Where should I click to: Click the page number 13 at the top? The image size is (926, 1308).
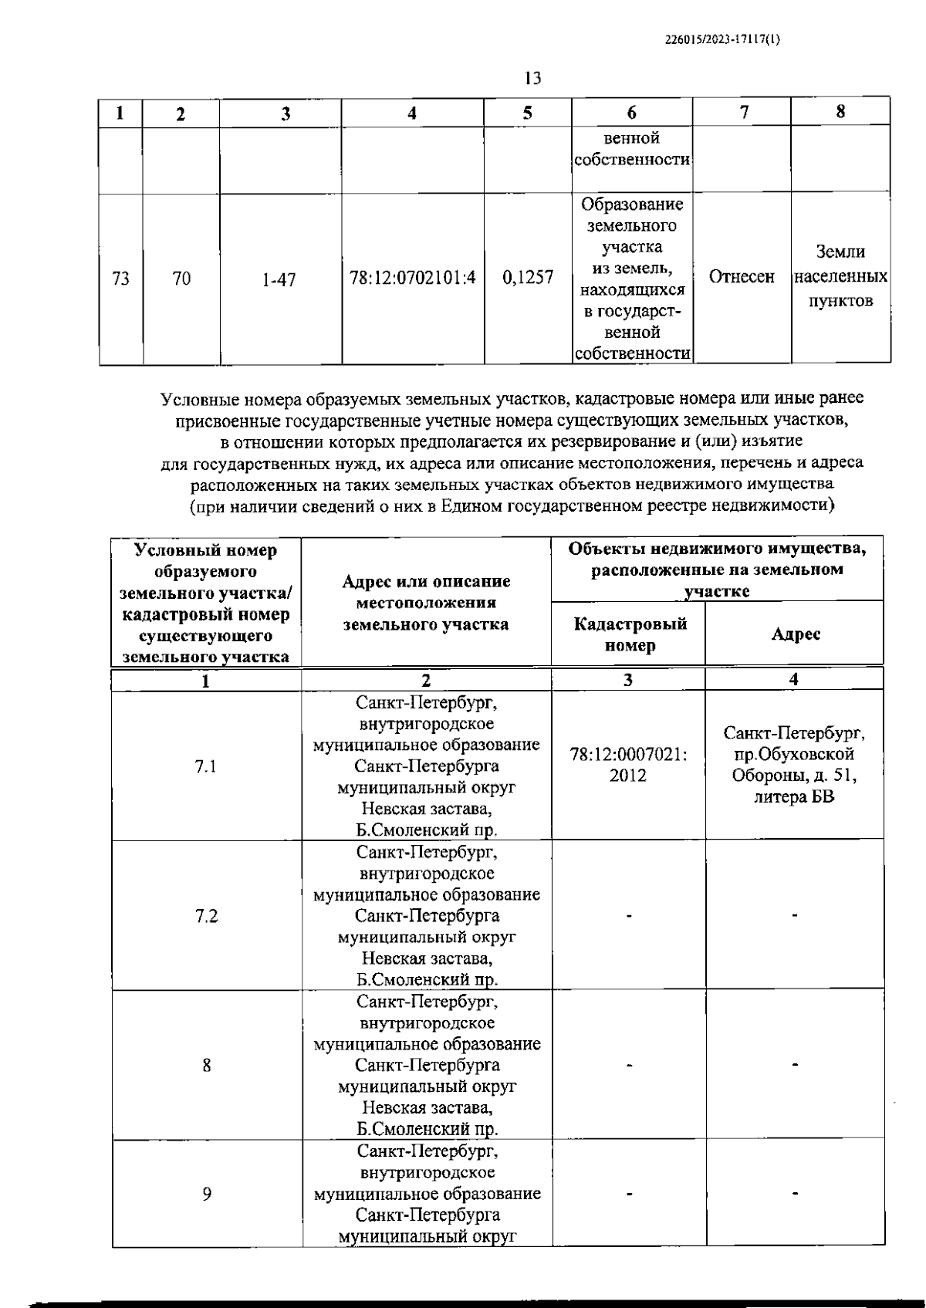tap(532, 78)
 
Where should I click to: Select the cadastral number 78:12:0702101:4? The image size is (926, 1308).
tap(413, 278)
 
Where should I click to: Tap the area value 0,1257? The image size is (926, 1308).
tap(528, 278)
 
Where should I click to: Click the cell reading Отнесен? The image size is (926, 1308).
tap(742, 277)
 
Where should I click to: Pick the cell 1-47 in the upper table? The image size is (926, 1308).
tap(279, 279)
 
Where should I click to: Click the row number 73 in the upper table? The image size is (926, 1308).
tap(120, 279)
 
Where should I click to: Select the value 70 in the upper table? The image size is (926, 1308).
tap(181, 279)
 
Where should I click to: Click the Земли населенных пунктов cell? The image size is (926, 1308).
tap(840, 276)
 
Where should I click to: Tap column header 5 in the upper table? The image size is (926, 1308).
tap(527, 113)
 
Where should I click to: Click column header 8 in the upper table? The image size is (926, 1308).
tap(840, 111)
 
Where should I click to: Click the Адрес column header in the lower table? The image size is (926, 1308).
tap(796, 634)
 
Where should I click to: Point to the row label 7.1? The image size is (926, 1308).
tap(206, 766)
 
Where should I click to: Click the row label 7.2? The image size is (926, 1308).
tap(206, 916)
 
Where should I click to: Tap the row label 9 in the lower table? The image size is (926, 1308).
tap(207, 1194)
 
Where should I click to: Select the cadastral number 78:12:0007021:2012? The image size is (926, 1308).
tap(628, 766)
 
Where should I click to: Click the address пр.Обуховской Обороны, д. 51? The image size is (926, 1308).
tap(794, 764)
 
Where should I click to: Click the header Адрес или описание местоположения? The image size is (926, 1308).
tap(426, 603)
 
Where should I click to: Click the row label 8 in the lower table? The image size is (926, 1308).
tap(207, 1065)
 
